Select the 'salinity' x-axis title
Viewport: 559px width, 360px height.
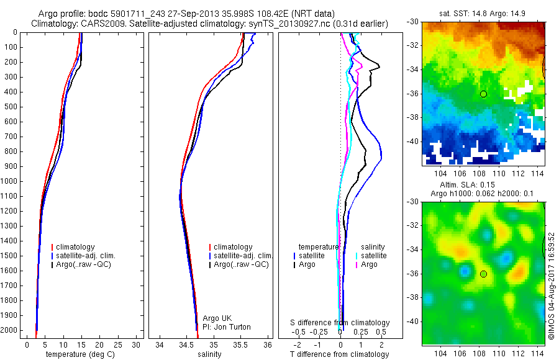click(209, 354)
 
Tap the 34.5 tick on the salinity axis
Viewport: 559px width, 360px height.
click(186, 344)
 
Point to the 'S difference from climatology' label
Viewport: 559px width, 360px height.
click(340, 323)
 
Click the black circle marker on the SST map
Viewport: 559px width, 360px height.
click(483, 94)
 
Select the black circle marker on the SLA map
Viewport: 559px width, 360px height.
click(483, 274)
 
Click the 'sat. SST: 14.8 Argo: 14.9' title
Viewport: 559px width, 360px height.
click(484, 12)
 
